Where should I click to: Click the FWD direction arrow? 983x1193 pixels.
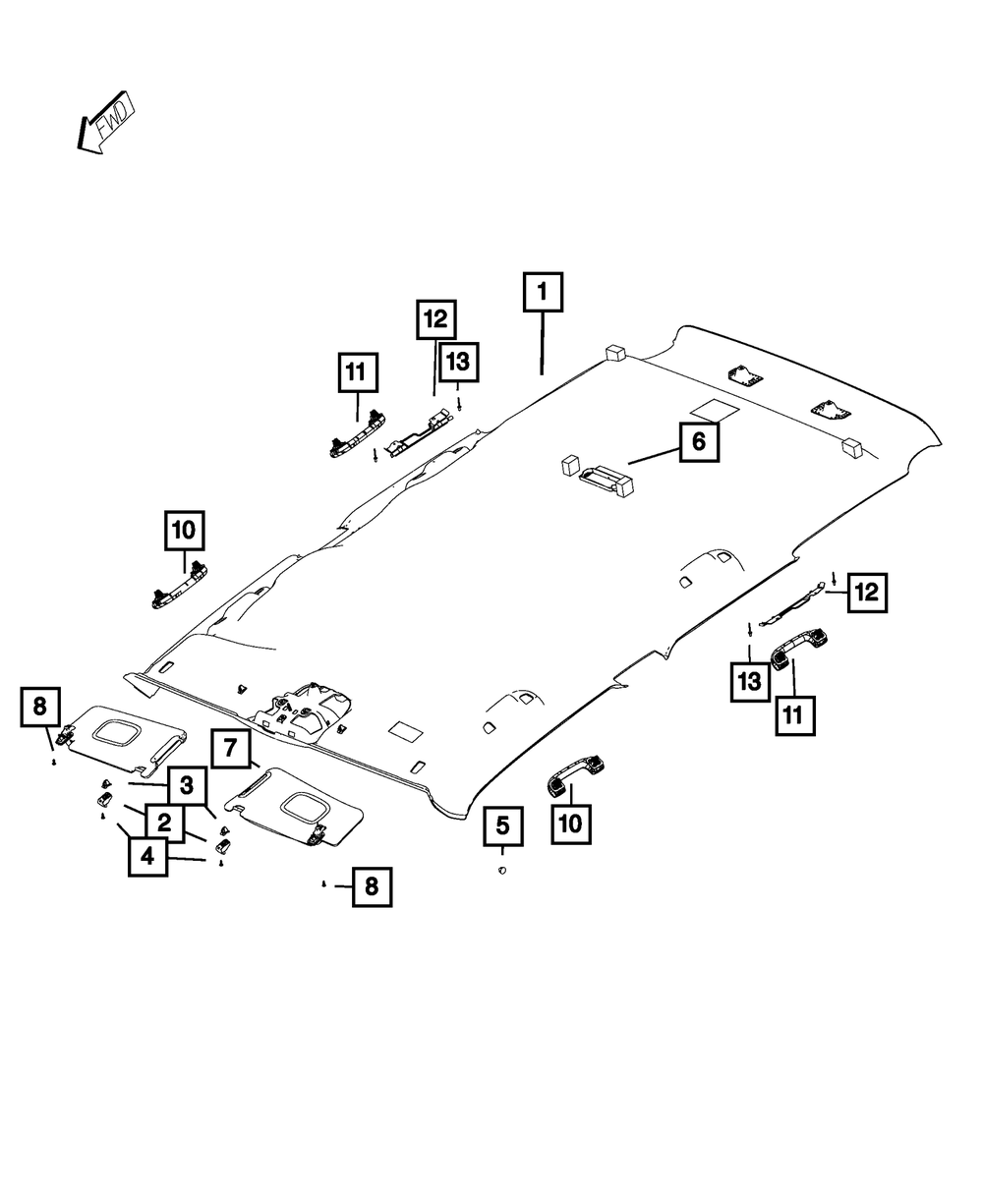click(x=106, y=124)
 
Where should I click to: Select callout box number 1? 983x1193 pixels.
click(x=543, y=292)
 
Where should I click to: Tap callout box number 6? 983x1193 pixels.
click(x=699, y=441)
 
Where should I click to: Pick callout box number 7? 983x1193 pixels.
click(x=230, y=748)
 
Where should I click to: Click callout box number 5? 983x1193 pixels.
click(x=503, y=825)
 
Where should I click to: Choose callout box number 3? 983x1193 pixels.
click(x=187, y=785)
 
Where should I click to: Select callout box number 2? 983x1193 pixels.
click(x=164, y=823)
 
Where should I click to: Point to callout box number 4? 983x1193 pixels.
click(x=148, y=857)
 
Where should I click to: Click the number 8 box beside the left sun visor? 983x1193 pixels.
click(x=40, y=707)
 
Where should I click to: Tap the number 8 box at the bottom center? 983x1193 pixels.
click(x=372, y=886)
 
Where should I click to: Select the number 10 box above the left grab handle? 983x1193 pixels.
click(x=185, y=531)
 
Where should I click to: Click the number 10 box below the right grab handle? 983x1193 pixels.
click(x=571, y=824)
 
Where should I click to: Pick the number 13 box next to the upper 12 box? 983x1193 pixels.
click(x=458, y=362)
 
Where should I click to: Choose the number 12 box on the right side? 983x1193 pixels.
click(x=867, y=593)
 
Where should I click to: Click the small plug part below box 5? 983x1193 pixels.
click(x=502, y=870)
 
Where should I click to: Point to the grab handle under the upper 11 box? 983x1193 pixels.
click(x=357, y=433)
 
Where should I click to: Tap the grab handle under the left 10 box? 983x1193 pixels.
click(x=180, y=585)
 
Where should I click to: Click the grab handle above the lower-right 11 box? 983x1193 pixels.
click(x=799, y=649)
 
